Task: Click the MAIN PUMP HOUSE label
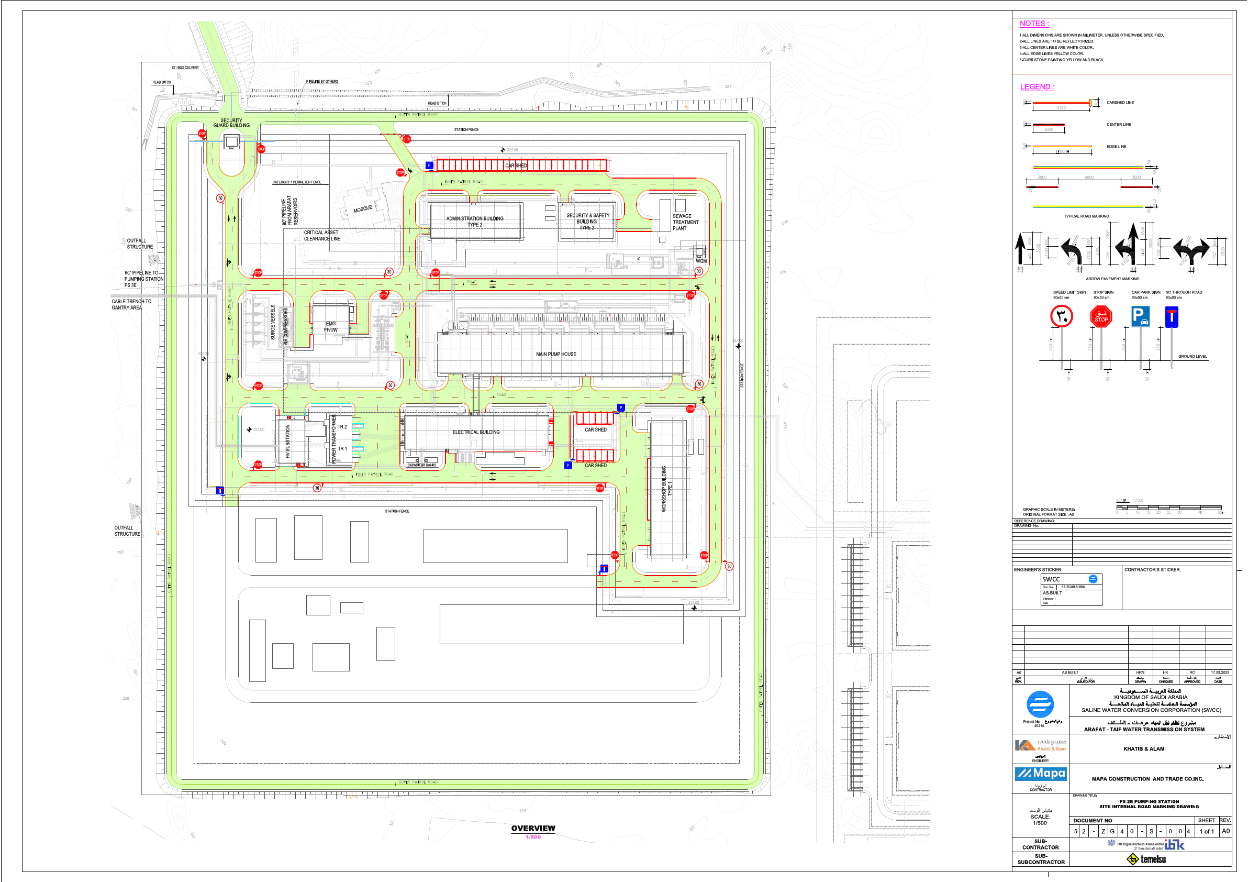pos(555,354)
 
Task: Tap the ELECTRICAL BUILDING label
pos(476,432)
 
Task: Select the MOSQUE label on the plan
pos(363,209)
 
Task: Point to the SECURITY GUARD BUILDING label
pos(231,123)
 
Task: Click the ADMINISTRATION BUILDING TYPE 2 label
pos(474,222)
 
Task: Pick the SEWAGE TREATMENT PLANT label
pos(685,222)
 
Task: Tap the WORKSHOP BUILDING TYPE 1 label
pos(666,488)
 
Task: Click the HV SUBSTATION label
pos(287,441)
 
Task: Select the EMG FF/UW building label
pos(330,327)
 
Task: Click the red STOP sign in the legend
pos(1101,316)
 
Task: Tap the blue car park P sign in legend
pos(1140,316)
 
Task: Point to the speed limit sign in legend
pos(1061,316)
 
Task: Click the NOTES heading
pos(1034,24)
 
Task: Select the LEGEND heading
pos(1037,87)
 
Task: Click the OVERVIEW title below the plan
pos(533,828)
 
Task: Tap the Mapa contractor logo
pos(1040,773)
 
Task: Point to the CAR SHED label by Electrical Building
pos(595,429)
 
